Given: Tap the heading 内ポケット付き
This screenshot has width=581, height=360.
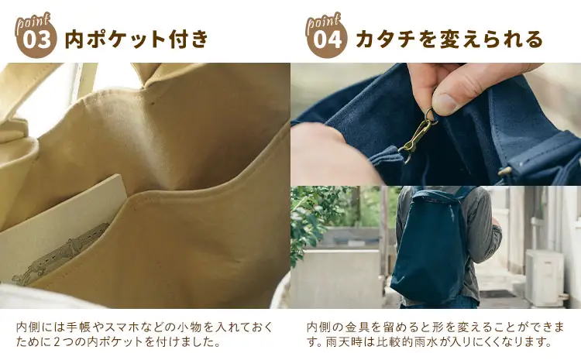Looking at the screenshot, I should (x=136, y=39).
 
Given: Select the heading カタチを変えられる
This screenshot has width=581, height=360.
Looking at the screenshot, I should (x=449, y=39).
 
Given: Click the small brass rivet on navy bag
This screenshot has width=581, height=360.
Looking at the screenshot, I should (x=504, y=170).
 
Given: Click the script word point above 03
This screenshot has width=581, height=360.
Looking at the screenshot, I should (x=33, y=19).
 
